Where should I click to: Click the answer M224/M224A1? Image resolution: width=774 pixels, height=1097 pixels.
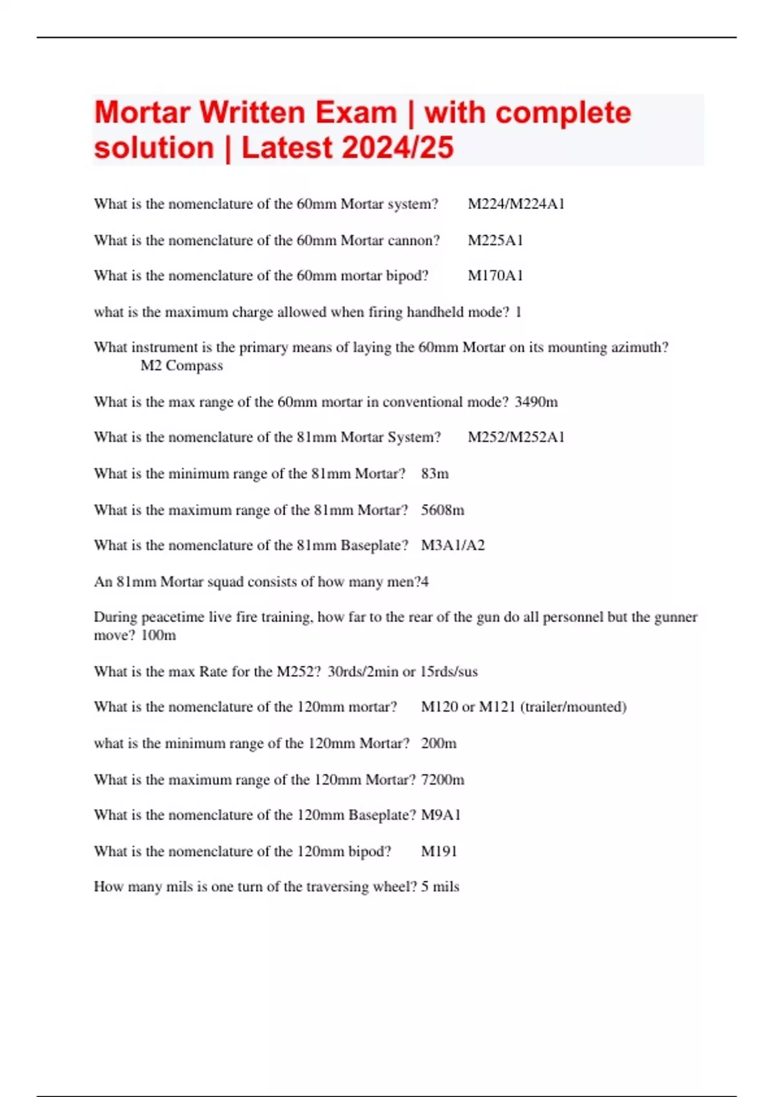[x=516, y=204]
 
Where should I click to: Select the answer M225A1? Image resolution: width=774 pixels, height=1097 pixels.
[x=495, y=240]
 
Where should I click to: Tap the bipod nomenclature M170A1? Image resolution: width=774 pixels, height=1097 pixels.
[x=495, y=276]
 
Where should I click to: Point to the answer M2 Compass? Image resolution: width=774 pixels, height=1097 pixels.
[x=181, y=365]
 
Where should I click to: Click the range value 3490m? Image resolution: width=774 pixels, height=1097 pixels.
[x=536, y=401]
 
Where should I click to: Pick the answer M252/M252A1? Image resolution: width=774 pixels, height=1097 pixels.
[x=516, y=437]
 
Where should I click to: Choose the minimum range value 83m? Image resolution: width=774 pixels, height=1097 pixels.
[x=435, y=474]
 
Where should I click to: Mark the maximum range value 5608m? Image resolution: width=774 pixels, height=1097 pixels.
[x=442, y=510]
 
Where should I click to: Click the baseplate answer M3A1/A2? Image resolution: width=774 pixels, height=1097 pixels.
[x=453, y=545]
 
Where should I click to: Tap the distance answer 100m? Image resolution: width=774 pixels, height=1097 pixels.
[x=158, y=635]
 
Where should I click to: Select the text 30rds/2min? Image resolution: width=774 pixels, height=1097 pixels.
[x=362, y=671]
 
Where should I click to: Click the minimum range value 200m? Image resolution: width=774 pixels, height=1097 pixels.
[x=439, y=743]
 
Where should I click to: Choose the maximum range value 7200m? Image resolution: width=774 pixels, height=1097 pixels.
[x=442, y=780]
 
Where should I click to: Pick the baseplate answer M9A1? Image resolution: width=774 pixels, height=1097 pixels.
[x=441, y=815]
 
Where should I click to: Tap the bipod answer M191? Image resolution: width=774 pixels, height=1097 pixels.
[x=439, y=851]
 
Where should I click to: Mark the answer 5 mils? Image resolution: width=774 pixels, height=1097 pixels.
[x=440, y=887]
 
